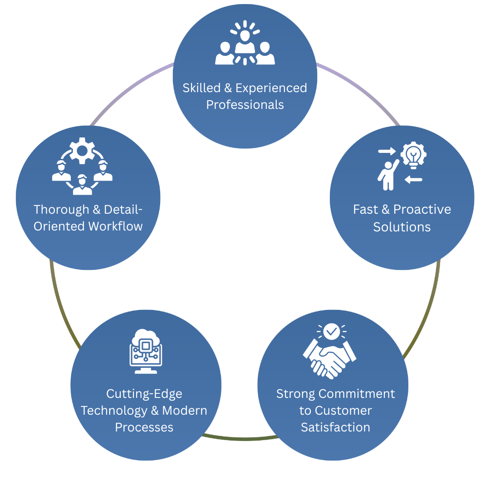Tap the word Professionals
point(245,105)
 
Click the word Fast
point(366,210)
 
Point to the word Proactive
point(422,210)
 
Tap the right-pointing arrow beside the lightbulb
point(387,151)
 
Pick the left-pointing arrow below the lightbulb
point(414,180)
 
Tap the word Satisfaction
point(335,427)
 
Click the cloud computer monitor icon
point(145,351)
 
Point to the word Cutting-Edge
point(144,394)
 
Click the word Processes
point(144,427)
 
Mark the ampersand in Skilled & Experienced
point(228,88)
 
